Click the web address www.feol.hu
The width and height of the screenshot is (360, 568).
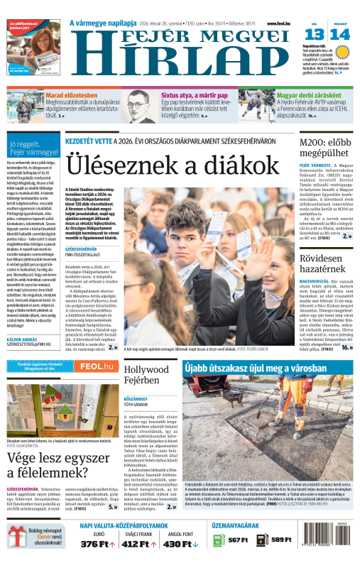281,23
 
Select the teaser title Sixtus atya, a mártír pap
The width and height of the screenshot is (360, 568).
194,94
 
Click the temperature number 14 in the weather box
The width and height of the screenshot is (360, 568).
340,34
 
